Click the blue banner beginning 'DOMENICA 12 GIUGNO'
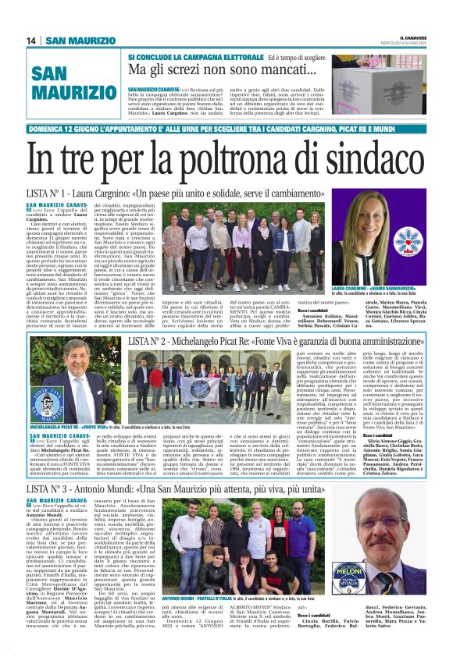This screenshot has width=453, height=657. (226, 130)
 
